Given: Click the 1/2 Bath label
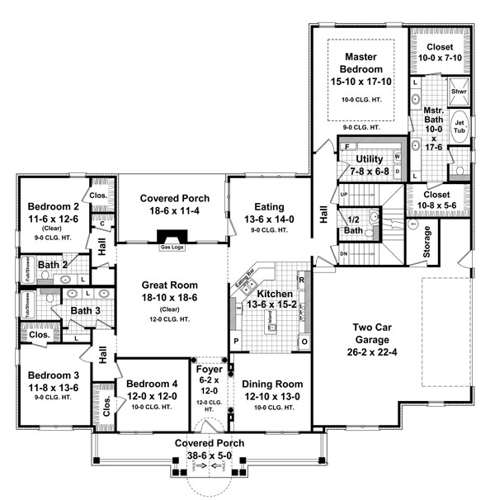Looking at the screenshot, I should [x=352, y=225].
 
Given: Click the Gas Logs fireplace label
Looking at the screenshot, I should [x=171, y=245].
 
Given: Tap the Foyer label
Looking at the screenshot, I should [x=208, y=370].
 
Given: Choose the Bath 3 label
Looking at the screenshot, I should [x=84, y=310].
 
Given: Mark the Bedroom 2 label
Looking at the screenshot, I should [x=52, y=206].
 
